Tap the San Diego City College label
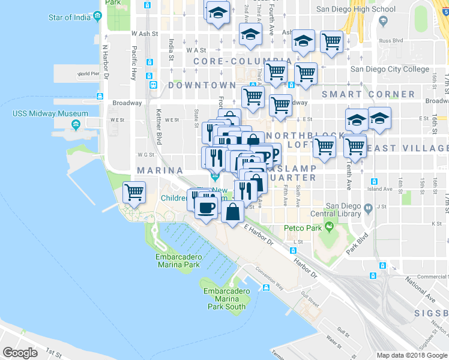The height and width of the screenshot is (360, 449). [x=390, y=69]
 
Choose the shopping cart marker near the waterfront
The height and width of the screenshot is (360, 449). [x=134, y=193]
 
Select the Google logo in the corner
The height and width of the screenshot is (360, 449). [x=20, y=353]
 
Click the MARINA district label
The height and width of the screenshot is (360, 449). [x=159, y=171]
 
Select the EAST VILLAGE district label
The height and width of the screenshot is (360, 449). [x=414, y=148]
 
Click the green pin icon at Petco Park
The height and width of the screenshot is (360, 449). [x=328, y=227]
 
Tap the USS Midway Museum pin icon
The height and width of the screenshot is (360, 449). [x=76, y=125]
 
